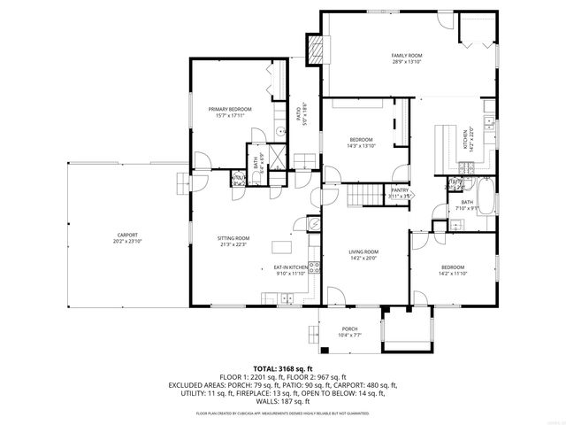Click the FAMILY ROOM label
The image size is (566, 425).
coord(408,56)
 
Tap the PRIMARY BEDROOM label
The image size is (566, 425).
coord(229,109)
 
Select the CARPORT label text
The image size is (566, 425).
coord(127,235)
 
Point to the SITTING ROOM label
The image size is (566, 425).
coord(233,237)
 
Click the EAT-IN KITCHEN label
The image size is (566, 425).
coord(289,267)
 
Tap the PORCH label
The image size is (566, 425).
coord(349,328)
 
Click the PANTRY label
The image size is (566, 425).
coord(400,189)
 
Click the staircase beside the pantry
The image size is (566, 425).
coord(361,195)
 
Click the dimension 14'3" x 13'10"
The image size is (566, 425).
coord(361,146)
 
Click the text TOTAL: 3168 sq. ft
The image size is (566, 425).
coord(283,368)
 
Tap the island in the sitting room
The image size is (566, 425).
coord(283,246)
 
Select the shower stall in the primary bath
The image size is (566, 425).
coord(277,157)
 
